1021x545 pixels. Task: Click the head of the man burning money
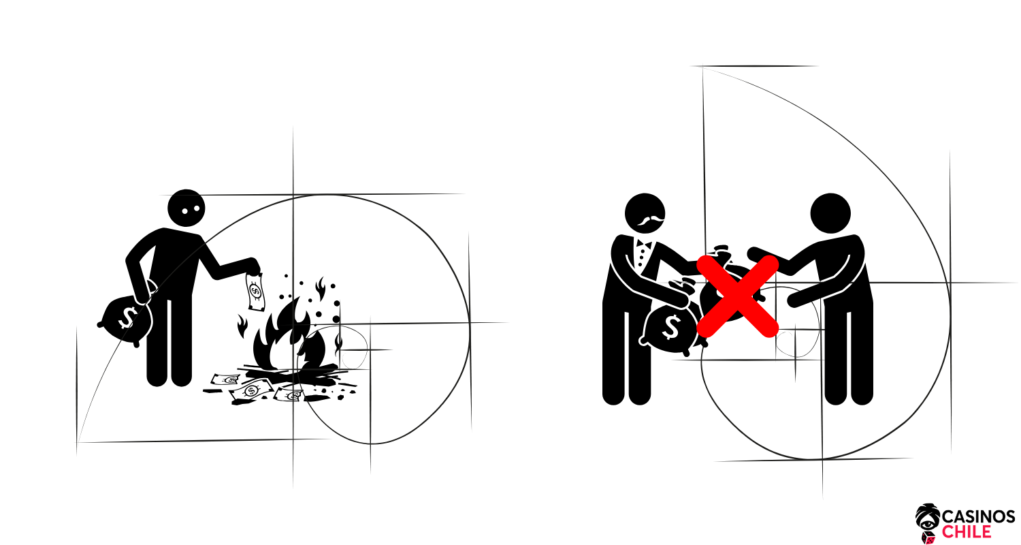[x=186, y=208]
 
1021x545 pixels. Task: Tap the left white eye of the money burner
[x=184, y=211]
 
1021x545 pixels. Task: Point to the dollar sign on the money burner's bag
[x=128, y=317]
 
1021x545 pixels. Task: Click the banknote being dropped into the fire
[x=255, y=292]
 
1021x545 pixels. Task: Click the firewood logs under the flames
[x=292, y=373]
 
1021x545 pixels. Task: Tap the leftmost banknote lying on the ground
[x=225, y=379]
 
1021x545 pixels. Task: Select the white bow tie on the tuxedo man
[x=644, y=245]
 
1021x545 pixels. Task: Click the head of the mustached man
[x=645, y=213]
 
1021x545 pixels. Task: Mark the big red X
[x=737, y=296]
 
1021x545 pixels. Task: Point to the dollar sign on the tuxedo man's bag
[x=671, y=327]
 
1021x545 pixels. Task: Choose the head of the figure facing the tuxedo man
[x=830, y=213]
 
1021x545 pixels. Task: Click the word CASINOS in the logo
[x=978, y=516]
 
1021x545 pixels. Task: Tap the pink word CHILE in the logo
[x=967, y=532]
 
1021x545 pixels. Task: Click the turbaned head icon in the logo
[x=928, y=518]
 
